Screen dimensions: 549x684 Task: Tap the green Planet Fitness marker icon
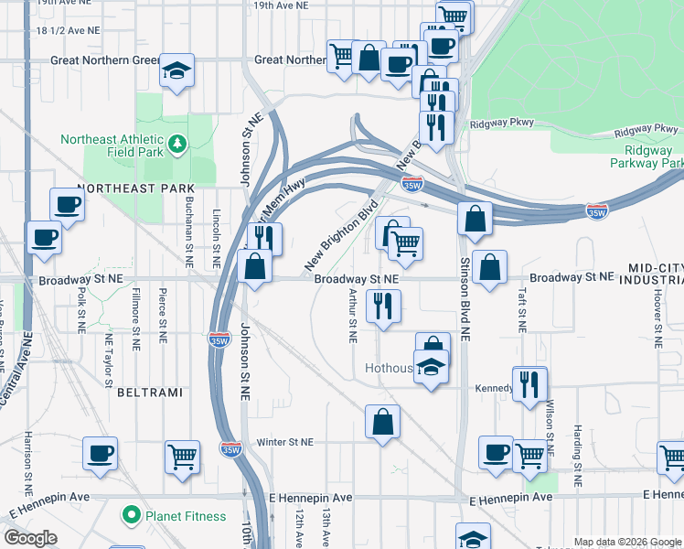coord(132,516)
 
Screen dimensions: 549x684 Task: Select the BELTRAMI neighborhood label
coord(150,392)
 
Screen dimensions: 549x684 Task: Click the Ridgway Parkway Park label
coord(647,156)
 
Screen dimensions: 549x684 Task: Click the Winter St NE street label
coord(284,442)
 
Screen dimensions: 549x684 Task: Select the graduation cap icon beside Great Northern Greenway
coord(176,71)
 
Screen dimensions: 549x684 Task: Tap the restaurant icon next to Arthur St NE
coord(383,306)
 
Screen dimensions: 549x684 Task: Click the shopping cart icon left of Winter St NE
coord(183,456)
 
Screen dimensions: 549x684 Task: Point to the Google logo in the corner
coord(30,538)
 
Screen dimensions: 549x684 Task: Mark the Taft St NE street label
coord(521,311)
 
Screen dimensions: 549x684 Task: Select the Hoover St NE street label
coord(657,311)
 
